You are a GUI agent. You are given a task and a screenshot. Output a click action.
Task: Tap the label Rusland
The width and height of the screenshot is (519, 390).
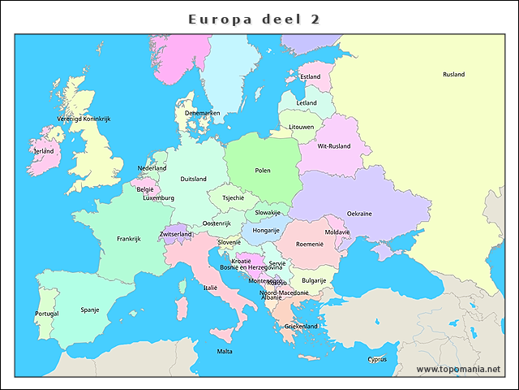tap(453, 75)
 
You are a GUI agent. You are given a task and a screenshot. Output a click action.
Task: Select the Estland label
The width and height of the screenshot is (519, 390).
tap(310, 77)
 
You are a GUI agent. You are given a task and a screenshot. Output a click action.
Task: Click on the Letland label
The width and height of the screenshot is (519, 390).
tap(307, 103)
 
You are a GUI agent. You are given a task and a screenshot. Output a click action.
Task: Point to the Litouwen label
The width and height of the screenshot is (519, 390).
tap(302, 128)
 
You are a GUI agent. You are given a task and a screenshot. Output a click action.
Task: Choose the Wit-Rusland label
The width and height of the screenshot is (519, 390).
tap(333, 146)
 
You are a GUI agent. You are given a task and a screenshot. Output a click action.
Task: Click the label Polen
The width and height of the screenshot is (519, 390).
tap(263, 171)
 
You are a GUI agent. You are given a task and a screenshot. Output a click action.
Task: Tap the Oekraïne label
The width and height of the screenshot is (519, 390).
tap(359, 214)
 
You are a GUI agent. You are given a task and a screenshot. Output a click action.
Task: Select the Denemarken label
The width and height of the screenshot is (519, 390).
tap(202, 113)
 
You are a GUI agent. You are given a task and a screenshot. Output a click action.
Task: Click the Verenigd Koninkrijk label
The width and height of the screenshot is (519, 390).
tap(84, 119)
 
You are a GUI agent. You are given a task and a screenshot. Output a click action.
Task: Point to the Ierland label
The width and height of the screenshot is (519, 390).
tap(44, 151)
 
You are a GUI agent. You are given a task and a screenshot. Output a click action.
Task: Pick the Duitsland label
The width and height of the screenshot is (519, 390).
tap(193, 179)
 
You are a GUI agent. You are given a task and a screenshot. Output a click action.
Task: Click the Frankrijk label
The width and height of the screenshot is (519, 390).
tap(129, 239)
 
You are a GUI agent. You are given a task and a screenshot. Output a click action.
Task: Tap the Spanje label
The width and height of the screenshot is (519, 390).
tap(90, 310)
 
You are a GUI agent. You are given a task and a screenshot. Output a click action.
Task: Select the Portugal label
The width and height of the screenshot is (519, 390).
tap(46, 314)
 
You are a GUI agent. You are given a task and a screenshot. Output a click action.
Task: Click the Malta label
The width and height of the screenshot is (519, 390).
tap(225, 352)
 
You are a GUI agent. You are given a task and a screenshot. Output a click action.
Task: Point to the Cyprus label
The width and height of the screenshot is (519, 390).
tap(377, 359)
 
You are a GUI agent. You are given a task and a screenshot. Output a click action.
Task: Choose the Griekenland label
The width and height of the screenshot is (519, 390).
tap(301, 326)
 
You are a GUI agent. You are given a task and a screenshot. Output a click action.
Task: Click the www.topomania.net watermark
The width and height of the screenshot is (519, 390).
tap(458, 369)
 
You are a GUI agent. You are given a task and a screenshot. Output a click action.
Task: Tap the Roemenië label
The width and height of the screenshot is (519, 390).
tap(310, 244)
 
